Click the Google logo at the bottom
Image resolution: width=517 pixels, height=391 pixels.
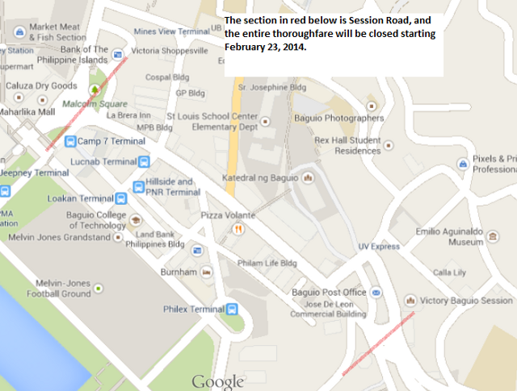coord(217,381)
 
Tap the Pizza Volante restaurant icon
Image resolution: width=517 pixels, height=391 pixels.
coord(237,229)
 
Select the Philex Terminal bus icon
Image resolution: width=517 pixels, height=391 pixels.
coord(233,309)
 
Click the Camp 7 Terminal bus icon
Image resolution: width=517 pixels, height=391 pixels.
coord(71,142)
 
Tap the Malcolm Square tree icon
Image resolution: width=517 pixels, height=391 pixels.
coord(95,89)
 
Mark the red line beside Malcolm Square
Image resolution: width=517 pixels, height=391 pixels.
coord(85,105)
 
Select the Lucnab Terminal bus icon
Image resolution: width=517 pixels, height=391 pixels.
coord(144,161)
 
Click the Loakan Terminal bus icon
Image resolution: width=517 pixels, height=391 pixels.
coord(121,198)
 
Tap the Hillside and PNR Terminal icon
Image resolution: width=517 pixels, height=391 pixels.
coord(139,187)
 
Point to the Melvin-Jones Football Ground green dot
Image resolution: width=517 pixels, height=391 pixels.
coord(98,288)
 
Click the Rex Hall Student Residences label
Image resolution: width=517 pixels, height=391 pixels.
coord(346,145)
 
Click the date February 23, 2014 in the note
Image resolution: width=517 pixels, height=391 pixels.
coord(265,48)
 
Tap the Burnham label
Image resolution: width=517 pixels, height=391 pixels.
coord(179,272)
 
